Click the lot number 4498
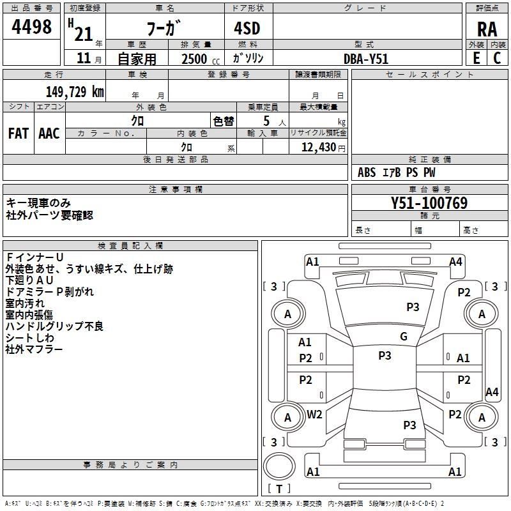coord(32,27)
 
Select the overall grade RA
coord(487,28)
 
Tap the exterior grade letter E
coord(476,57)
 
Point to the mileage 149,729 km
coord(75,91)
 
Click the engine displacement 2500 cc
coord(195,59)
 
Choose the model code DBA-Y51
coord(366,59)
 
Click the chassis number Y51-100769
coord(429,203)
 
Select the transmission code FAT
coord(19,133)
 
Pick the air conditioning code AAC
coord(49,133)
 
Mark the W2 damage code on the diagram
coord(314,415)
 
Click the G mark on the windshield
coord(403,337)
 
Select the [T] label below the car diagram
coord(278,489)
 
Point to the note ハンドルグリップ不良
coord(54,326)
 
